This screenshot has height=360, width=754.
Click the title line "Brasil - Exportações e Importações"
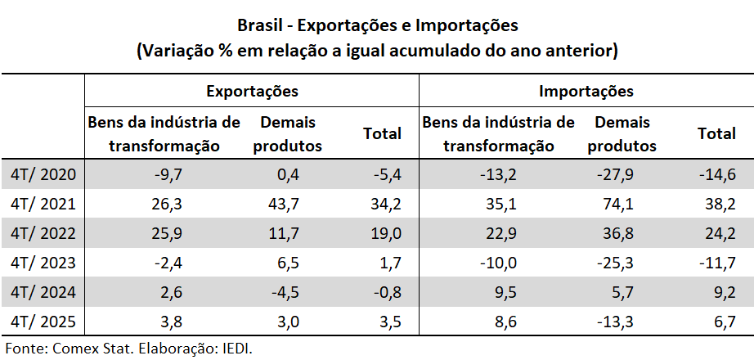coord(377,25)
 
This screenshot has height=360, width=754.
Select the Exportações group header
coord(251,91)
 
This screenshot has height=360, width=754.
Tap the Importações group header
coord(586,91)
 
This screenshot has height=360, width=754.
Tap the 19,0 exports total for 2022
coord(385,233)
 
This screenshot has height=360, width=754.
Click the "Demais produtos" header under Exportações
coord(288,134)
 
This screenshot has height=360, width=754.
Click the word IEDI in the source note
coord(236,349)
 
